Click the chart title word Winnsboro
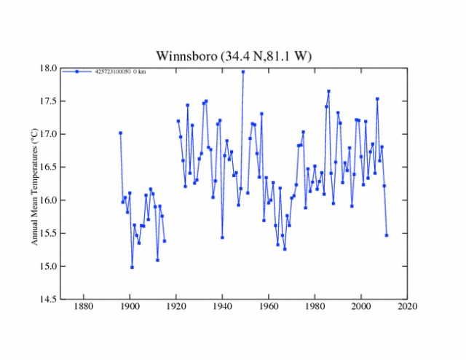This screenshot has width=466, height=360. coord(184,56)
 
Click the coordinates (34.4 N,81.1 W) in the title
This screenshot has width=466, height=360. coord(264,56)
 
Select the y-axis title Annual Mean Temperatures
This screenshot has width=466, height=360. coord(34,186)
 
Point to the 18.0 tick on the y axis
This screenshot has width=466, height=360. coord(48,69)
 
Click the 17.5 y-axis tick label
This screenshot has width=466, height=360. coord(48,101)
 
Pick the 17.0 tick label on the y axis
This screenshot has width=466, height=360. coord(48,134)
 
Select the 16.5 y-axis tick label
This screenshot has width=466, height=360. coord(48,167)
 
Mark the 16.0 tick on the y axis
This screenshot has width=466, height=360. coord(48,200)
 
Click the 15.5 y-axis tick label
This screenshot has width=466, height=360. coord(48,233)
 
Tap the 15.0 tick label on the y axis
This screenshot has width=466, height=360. coord(48,266)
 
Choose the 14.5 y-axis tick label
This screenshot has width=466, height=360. coord(48,299)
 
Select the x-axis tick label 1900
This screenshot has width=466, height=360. coord(130,307)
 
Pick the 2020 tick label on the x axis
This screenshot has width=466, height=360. coord(407,307)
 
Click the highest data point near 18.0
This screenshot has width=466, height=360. coord(243,71)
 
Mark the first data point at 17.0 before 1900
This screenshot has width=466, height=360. coord(120,133)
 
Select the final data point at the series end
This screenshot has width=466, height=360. coord(387,235)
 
